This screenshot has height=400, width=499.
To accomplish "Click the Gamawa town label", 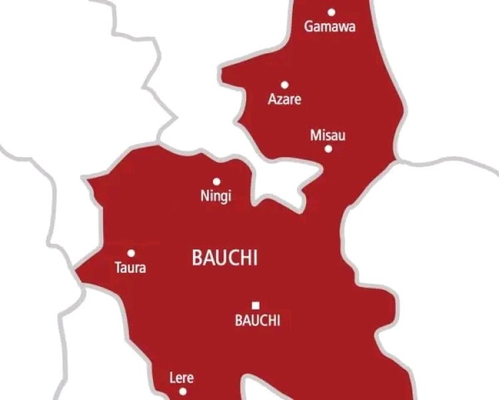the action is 330,27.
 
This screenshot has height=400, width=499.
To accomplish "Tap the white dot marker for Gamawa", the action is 331,11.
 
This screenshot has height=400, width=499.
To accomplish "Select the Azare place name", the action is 284,100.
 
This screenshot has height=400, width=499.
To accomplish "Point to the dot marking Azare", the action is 284,85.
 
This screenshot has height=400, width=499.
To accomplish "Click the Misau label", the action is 328,135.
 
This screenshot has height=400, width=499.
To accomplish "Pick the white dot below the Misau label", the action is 328,148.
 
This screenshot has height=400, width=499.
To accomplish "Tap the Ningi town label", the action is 216,196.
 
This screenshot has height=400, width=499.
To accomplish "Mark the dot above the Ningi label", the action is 216,181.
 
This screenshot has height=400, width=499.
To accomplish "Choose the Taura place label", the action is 130,268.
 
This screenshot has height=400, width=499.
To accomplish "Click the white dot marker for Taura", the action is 131,253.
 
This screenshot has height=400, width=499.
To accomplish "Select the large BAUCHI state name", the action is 224,258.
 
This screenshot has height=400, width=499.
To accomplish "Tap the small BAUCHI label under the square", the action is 257,321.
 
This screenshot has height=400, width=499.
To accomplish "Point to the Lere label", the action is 182,378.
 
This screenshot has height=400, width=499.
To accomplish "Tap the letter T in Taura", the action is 118,268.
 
